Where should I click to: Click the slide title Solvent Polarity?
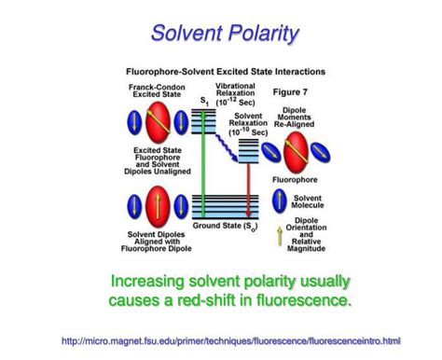pyautogui.click(x=226, y=35)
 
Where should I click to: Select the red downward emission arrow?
pyautogui.click(x=247, y=187)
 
